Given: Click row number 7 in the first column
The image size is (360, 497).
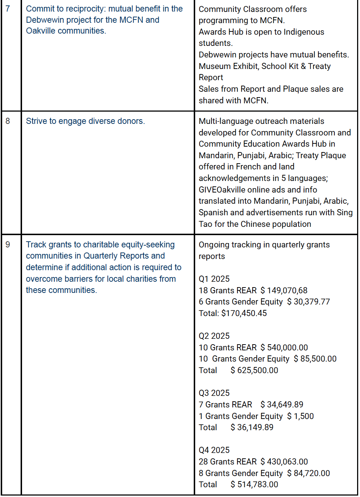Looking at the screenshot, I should tap(8, 9).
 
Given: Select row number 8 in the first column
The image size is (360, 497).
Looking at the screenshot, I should tap(8, 121).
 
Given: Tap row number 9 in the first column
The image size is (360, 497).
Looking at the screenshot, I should tap(8, 245).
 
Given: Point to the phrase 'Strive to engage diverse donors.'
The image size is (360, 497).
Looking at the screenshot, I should tap(85, 121).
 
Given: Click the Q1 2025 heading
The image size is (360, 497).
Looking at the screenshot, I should tap(214, 279).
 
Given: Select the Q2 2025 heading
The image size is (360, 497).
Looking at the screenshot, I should tap(214, 336).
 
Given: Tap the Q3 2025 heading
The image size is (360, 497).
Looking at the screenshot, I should tap(214, 393).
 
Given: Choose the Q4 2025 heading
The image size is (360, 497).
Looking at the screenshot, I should tap(214, 450).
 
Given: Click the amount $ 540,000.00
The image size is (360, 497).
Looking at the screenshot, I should tap(284, 347).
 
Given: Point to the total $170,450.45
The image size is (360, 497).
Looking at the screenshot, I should tap(244, 313).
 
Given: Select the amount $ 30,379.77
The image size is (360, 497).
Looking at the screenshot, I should tap(308, 302).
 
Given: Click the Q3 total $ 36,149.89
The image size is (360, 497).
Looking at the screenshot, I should tap(252, 427).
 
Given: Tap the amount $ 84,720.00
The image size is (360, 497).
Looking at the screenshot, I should tap(308, 473).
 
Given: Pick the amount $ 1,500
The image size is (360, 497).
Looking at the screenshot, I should tap(300, 416).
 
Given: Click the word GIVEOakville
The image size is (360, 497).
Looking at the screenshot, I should tap(222, 190).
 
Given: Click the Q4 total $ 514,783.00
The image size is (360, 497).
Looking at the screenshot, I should tap(254, 484).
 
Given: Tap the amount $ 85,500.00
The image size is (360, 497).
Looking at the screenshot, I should tap(315, 359).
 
